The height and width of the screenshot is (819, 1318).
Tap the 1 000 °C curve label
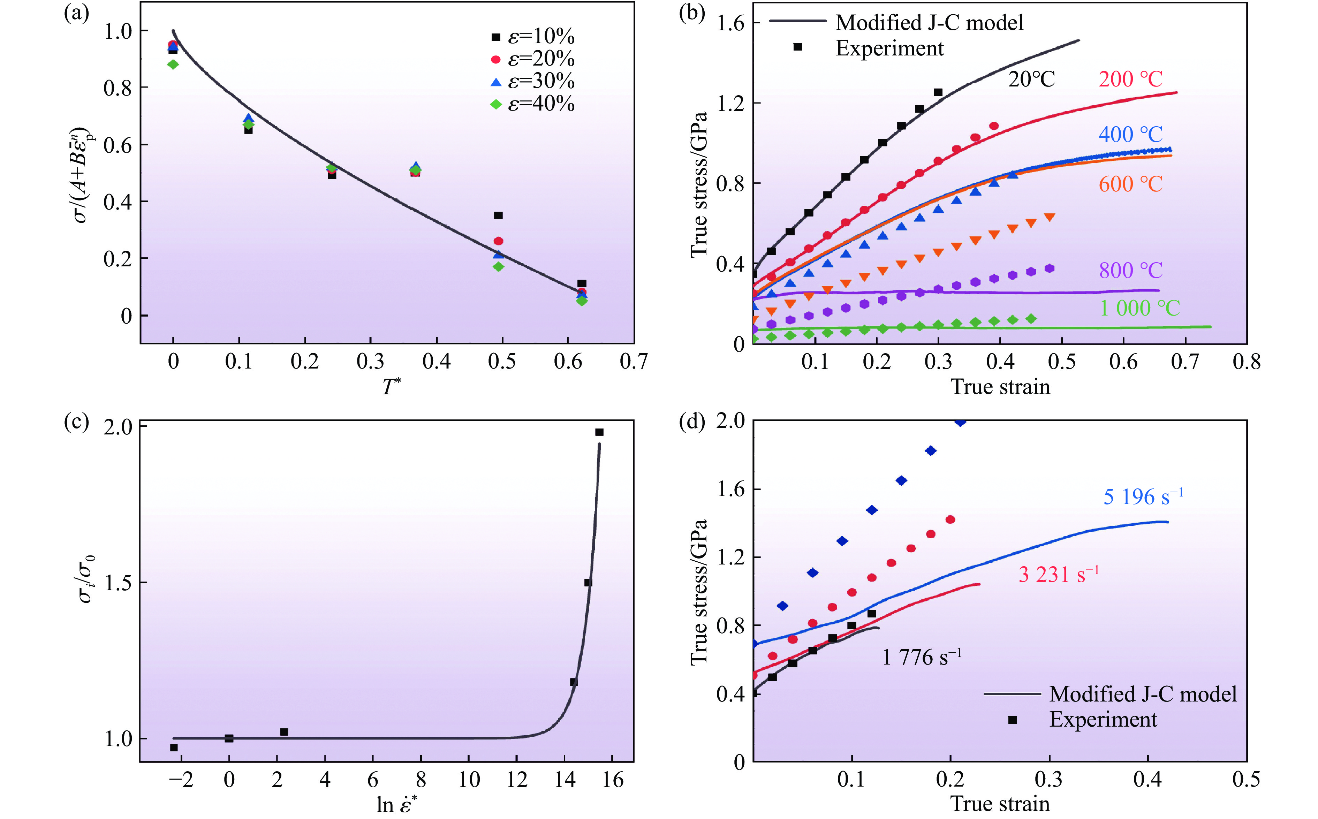(1139, 309)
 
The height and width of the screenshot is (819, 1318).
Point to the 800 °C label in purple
(1130, 270)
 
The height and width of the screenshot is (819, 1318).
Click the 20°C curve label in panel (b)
(1031, 79)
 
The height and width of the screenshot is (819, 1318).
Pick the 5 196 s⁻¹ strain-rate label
(1143, 497)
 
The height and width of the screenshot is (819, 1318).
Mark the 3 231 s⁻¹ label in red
(1058, 575)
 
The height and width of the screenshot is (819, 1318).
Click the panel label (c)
(76, 422)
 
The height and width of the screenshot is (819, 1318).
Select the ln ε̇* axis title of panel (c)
(397, 804)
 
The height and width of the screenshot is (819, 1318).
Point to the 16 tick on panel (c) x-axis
(613, 780)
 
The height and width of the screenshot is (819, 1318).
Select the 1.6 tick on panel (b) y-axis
(730, 23)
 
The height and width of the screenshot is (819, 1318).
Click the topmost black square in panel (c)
(599, 432)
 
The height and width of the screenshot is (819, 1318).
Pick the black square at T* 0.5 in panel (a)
(498, 215)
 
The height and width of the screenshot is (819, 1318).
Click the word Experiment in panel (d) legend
(1103, 719)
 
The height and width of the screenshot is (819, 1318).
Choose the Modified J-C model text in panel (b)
(929, 23)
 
